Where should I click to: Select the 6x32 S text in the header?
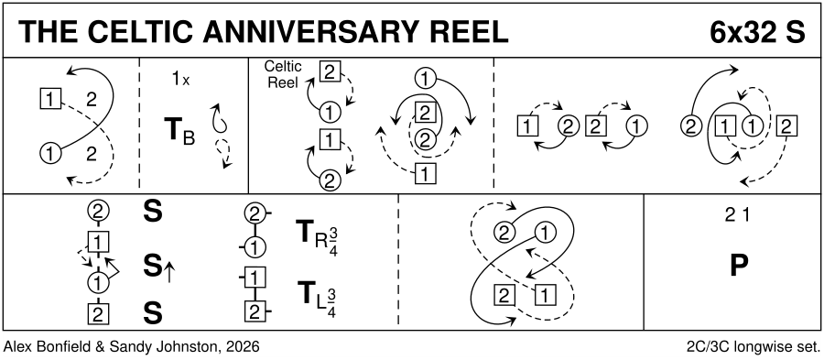tap(757, 32)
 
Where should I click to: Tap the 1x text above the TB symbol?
tap(180, 80)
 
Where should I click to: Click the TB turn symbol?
tap(179, 133)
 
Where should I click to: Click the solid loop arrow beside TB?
tap(219, 116)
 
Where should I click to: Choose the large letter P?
tap(738, 266)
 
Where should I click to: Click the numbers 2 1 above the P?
tap(738, 216)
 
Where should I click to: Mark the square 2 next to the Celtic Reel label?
tap(329, 72)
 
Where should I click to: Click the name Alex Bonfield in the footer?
tap(45, 346)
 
